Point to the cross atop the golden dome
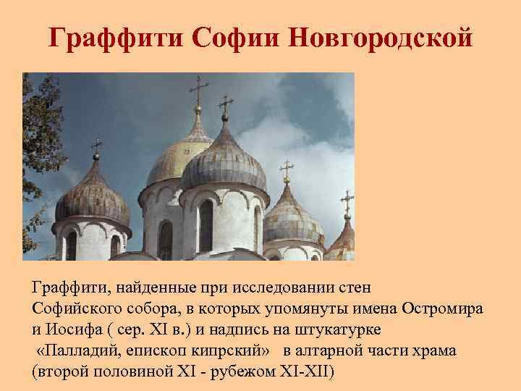point(198,91)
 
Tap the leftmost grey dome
point(93,195)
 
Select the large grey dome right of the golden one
point(224,163)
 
